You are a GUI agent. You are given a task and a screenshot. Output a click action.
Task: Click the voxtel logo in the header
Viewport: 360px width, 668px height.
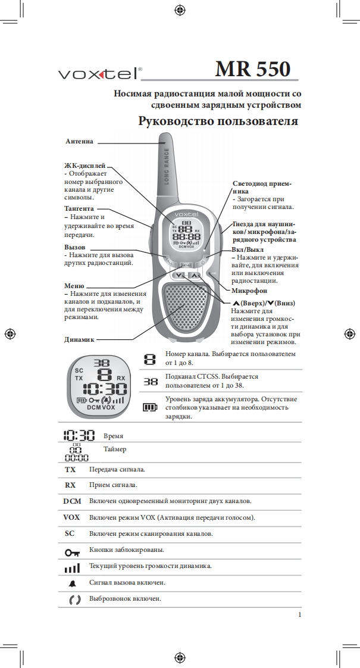point(99,74)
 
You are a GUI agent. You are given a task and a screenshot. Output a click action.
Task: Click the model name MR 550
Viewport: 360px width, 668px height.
point(253,70)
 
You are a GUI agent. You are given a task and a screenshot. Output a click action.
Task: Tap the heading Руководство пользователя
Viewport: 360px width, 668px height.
point(218,121)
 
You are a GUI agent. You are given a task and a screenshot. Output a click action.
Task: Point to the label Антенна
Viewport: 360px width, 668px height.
point(79,142)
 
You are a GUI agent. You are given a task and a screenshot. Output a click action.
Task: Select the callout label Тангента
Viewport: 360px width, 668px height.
point(79,209)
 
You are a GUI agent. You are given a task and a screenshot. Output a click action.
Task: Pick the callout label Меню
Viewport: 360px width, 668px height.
point(74,286)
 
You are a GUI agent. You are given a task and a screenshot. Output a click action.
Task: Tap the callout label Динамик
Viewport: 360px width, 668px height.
point(79,339)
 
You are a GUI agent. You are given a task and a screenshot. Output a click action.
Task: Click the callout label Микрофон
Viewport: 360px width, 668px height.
point(249,291)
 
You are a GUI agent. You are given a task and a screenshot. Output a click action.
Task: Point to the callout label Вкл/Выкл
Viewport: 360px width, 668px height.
point(248,249)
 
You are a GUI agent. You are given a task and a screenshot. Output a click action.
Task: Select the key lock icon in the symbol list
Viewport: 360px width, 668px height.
point(71,551)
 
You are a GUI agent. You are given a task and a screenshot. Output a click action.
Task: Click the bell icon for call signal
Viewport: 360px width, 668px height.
point(71,583)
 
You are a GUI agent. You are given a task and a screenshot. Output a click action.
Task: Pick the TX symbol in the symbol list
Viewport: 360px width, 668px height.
point(71,470)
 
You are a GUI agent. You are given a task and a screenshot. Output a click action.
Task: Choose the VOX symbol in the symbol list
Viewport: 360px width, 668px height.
point(71,517)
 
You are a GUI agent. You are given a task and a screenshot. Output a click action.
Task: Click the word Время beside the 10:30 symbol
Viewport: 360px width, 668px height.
point(113,436)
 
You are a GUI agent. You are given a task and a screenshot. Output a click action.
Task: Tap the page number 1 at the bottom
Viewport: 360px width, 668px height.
point(300,614)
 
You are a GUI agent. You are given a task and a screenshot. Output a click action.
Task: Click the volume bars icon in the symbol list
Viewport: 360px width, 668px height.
point(71,567)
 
